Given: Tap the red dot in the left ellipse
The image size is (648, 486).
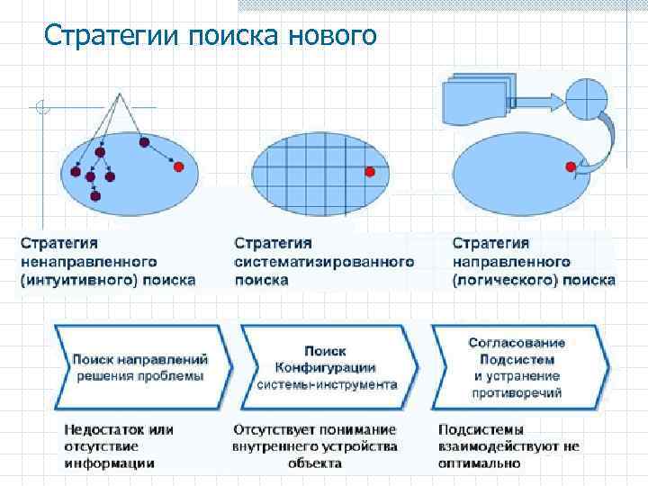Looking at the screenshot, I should click(178, 166).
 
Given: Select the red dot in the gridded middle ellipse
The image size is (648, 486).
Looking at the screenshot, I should click(369, 172).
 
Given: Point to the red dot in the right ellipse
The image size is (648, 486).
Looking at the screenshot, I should click(571, 166).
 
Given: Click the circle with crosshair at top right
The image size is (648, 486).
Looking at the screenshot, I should click(589, 95).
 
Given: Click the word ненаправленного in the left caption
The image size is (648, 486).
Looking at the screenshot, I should click(88, 261).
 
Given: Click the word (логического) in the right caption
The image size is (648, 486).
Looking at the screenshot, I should click(504, 280).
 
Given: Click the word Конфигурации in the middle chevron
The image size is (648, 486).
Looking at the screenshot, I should click(325, 367).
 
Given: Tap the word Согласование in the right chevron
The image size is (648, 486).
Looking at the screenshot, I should click(517, 343).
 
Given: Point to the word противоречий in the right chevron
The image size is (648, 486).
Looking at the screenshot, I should click(517, 392).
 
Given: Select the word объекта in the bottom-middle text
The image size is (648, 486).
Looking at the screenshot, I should click(315, 463).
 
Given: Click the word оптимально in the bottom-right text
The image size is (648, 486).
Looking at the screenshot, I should click(480, 463).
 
